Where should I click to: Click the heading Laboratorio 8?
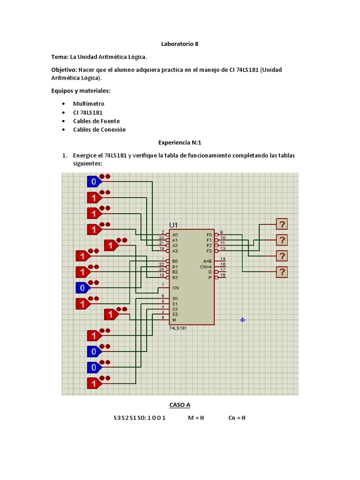[x=180, y=44]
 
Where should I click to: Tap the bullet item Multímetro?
[x=89, y=104]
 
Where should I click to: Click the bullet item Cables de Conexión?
[x=99, y=129]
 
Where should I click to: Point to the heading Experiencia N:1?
[x=180, y=142]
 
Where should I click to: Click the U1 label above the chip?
[x=174, y=225]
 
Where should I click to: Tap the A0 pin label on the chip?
[x=175, y=234]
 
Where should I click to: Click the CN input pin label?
[x=175, y=288]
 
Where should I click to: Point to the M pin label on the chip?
[x=174, y=320]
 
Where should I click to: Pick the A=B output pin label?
[x=207, y=261]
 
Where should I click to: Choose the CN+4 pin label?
[x=206, y=266]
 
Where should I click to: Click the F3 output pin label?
[x=209, y=251]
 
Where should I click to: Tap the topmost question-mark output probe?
[x=282, y=224]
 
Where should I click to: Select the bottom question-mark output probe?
[x=282, y=272]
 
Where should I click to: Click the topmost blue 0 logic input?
[x=94, y=181]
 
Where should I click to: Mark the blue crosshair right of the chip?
[x=242, y=320]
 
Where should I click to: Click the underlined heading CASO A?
[x=180, y=405]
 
